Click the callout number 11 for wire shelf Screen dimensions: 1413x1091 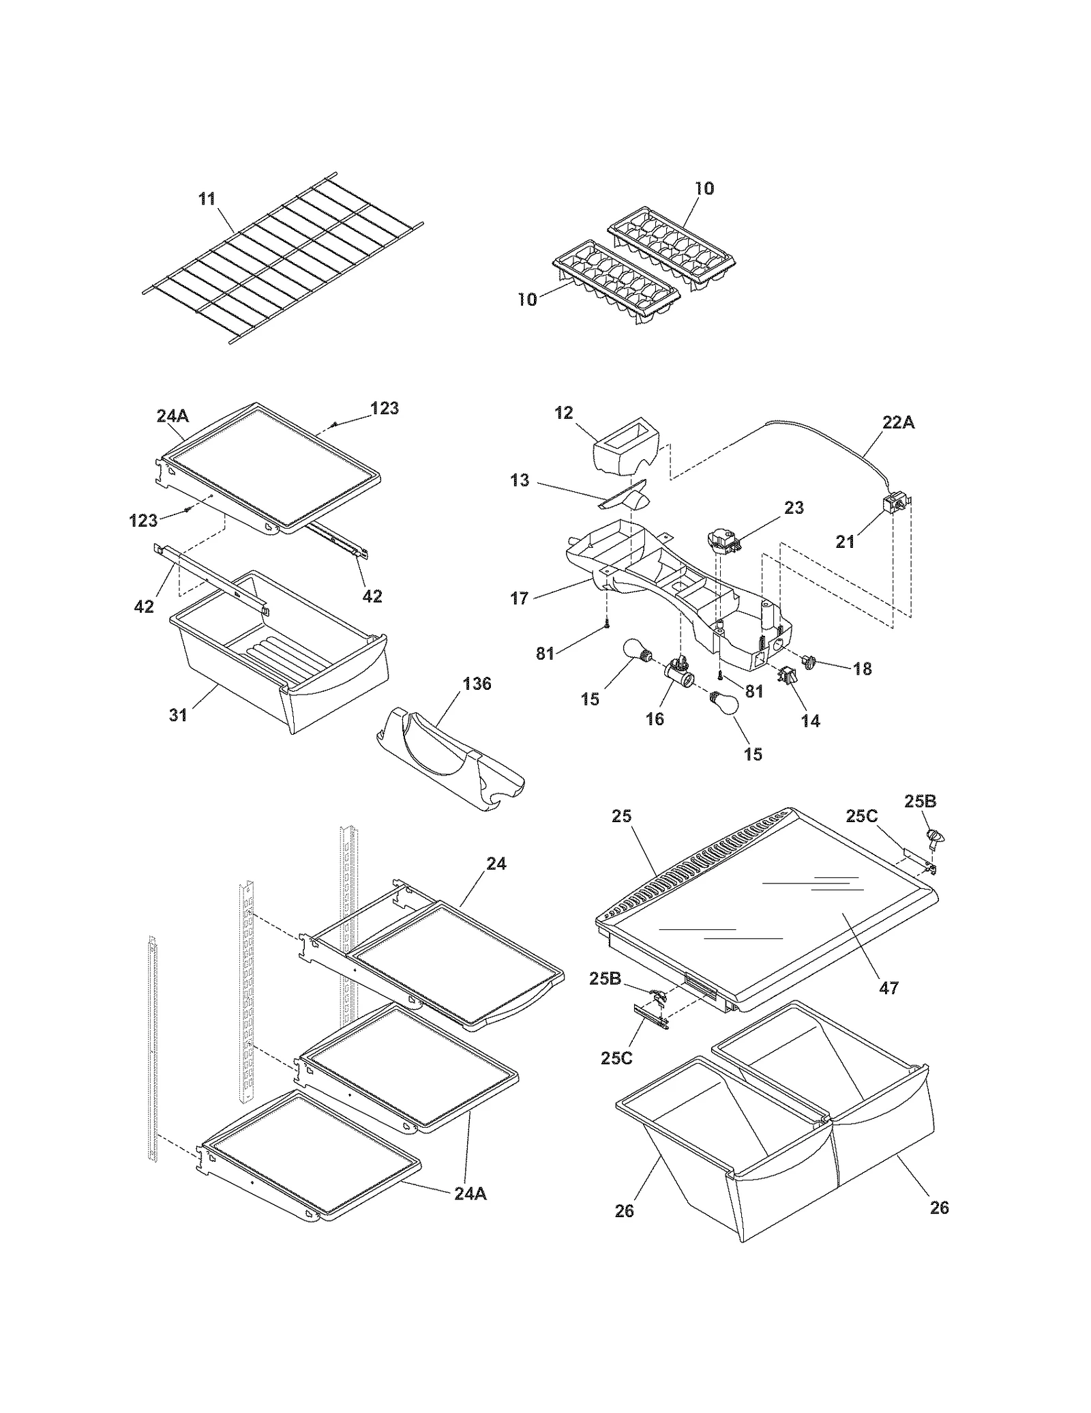(x=207, y=199)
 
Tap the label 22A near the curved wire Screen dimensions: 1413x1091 (x=898, y=422)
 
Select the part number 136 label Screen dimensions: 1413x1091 (x=477, y=684)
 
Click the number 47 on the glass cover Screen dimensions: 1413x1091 (x=889, y=987)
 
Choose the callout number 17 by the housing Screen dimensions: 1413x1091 (x=520, y=598)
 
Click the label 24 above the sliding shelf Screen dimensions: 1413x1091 (x=496, y=863)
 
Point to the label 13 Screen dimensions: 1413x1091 (x=520, y=480)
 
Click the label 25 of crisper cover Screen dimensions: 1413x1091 (x=622, y=816)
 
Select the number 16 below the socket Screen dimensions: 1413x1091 (x=655, y=718)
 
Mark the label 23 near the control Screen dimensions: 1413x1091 (x=794, y=508)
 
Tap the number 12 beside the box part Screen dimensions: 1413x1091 (x=564, y=413)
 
